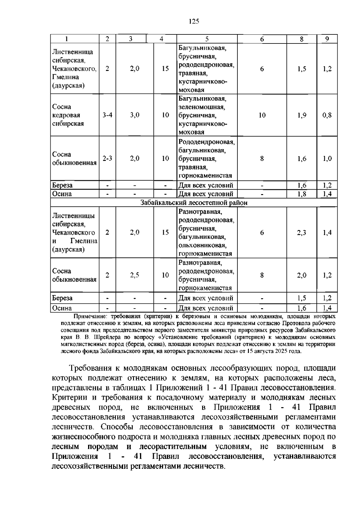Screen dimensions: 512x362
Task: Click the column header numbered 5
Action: (x=207, y=39)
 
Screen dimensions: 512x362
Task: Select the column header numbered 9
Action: (x=327, y=39)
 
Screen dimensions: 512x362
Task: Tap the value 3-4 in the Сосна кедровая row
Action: (x=107, y=115)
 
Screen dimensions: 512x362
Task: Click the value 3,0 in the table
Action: (x=135, y=115)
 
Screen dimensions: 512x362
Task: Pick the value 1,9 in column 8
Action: (x=302, y=115)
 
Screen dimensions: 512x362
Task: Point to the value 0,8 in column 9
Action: (x=327, y=115)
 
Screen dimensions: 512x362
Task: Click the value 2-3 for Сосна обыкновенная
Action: (x=107, y=158)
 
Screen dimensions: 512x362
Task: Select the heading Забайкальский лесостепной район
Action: (x=194, y=203)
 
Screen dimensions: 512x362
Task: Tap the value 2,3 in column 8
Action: (x=302, y=232)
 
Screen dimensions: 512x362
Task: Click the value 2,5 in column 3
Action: (x=135, y=275)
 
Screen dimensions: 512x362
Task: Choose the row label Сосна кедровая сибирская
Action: (x=68, y=115)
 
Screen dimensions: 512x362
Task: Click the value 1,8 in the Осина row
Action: (x=302, y=194)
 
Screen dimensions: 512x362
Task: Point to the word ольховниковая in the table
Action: (x=202, y=245)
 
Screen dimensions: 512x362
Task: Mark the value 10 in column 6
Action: (x=262, y=115)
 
